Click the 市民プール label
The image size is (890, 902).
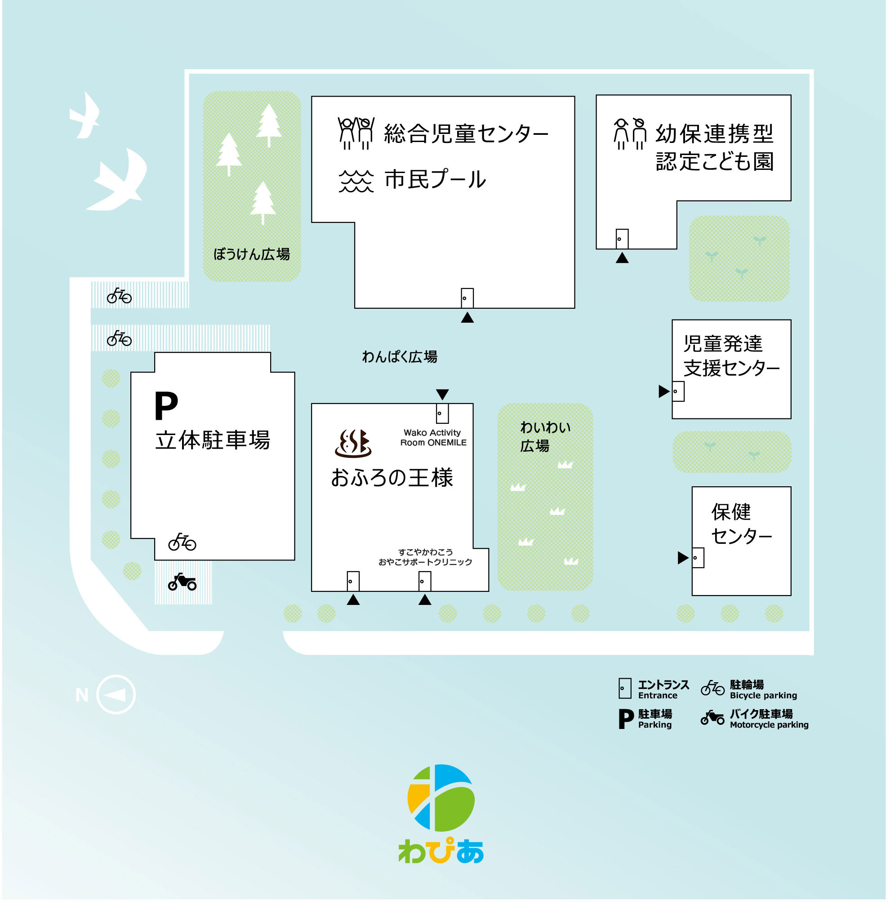click(x=435, y=180)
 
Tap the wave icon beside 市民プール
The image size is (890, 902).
click(x=356, y=181)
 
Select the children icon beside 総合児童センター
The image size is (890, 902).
click(x=356, y=133)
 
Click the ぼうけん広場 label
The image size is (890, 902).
click(x=252, y=254)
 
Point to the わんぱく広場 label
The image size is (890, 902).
click(x=400, y=357)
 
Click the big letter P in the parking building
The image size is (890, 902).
click(x=166, y=406)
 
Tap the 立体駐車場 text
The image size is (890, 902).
click(x=213, y=440)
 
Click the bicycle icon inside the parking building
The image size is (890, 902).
click(x=182, y=542)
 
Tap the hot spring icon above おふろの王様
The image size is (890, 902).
click(x=353, y=443)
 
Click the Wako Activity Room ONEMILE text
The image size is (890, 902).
click(x=433, y=437)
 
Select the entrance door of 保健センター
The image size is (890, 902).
click(x=698, y=557)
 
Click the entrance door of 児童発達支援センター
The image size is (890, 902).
click(x=678, y=391)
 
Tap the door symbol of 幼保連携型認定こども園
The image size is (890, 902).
click(x=622, y=239)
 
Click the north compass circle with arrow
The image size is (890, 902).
click(x=116, y=695)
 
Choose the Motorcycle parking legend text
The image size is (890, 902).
click(x=769, y=724)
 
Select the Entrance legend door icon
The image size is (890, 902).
click(x=625, y=689)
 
